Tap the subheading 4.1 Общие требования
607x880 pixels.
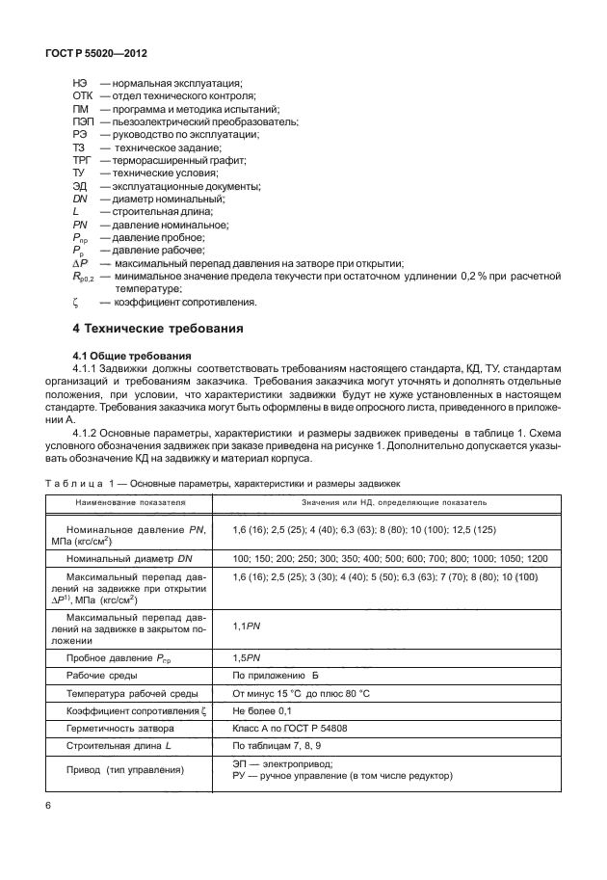(124, 355)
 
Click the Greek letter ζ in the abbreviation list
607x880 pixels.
(75, 302)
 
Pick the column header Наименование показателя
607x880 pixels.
(133, 502)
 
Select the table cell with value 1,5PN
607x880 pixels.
(246, 657)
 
